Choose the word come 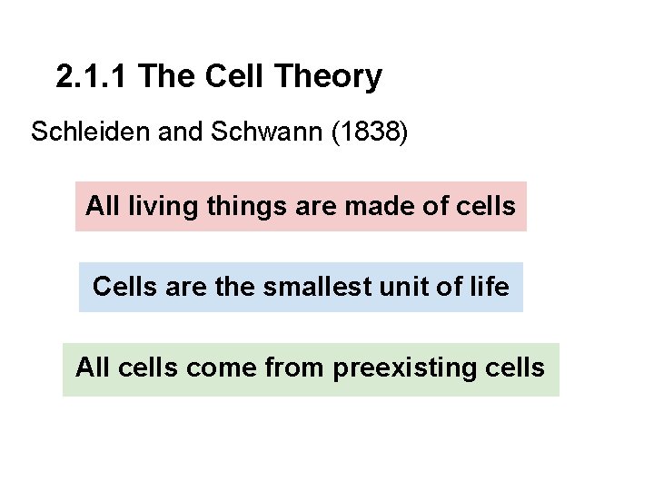click(202, 367)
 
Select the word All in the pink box click(103, 206)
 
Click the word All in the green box click(93, 367)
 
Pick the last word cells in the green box click(516, 367)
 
